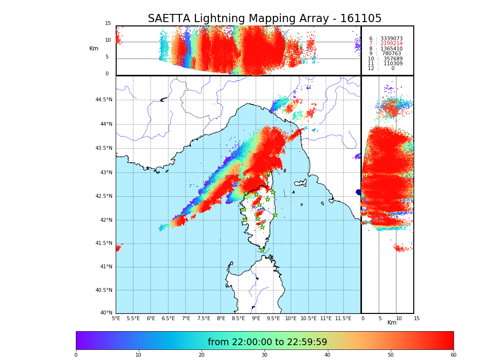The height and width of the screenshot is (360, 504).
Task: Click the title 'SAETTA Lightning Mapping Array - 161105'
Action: (264, 19)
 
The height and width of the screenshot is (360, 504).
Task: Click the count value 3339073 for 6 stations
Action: (391, 38)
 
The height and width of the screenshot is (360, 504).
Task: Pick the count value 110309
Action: (393, 64)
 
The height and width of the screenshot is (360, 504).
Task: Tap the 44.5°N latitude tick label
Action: (104, 100)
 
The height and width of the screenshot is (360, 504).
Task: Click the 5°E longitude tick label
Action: (116, 318)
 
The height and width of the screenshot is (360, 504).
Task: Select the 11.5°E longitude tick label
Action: (343, 318)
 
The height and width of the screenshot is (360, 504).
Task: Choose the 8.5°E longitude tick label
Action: (238, 318)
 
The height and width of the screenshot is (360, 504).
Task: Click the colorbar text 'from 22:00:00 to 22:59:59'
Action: (267, 342)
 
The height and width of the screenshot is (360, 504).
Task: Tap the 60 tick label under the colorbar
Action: (453, 355)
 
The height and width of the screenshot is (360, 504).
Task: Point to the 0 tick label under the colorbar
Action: (76, 355)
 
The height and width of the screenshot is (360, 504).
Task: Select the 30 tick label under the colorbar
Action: (264, 355)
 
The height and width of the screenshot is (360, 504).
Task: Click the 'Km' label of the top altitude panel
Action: (94, 48)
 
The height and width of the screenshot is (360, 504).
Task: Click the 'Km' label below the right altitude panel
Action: (392, 323)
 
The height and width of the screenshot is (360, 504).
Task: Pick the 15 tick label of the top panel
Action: (108, 24)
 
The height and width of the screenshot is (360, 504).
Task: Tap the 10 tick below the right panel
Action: (396, 318)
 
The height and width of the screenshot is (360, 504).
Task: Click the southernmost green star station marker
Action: (262, 250)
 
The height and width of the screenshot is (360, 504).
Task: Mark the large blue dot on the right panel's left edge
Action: (359, 192)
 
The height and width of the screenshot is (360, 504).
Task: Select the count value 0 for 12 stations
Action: (393, 69)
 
